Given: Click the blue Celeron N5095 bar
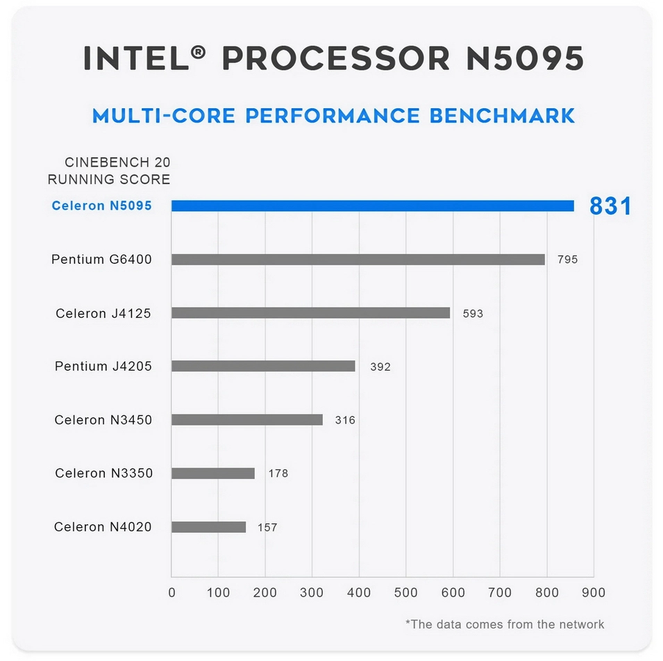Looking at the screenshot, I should [373, 206].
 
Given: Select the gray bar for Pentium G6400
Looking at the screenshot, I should [358, 260].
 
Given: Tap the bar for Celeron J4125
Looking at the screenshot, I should [310, 313].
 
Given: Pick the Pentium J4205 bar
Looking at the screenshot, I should [263, 366].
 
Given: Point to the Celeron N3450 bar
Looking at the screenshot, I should [247, 420].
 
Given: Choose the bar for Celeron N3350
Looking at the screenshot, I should [213, 474].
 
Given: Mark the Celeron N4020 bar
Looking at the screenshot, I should [208, 527].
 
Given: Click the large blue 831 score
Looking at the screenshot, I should [610, 206].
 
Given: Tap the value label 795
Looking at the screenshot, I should [567, 260].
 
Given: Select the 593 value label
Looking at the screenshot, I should [473, 314].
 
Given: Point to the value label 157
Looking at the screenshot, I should [267, 528].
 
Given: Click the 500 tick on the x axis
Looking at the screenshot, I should [406, 593].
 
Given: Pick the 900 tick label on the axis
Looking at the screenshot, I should [594, 593].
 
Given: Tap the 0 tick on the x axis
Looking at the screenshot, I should [172, 593].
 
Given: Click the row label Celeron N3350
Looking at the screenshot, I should [104, 474].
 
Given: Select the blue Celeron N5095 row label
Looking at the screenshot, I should [102, 206].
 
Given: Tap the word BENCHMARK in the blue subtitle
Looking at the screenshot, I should [502, 115].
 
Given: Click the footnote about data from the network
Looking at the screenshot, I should [505, 624].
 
